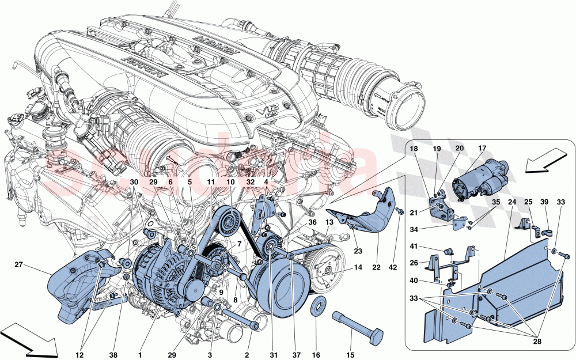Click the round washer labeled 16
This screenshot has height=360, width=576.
point(317,305)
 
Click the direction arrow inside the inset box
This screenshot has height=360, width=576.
point(544,160)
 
